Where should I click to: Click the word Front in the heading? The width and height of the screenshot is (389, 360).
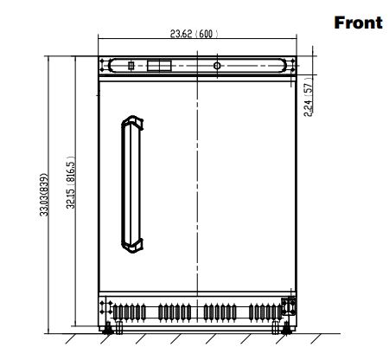click(358, 23)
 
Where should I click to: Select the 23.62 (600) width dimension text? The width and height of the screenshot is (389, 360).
click(194, 35)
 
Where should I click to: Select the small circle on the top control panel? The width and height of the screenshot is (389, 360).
click(216, 66)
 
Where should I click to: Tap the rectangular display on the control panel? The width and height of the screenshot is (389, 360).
click(159, 66)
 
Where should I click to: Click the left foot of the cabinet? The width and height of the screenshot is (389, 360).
click(106, 329)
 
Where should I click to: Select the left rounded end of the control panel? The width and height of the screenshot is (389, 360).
click(105, 66)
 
